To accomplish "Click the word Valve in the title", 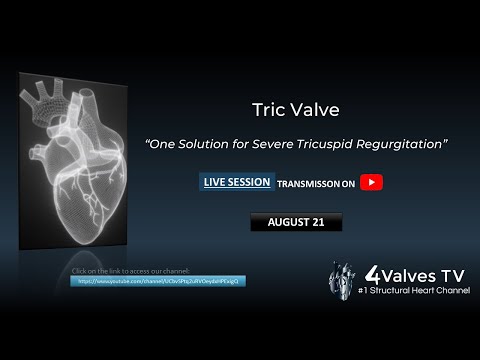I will (305, 106).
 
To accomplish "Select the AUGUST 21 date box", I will (295, 222).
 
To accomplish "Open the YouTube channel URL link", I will (161, 281).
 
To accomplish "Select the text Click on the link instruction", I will (131, 271).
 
